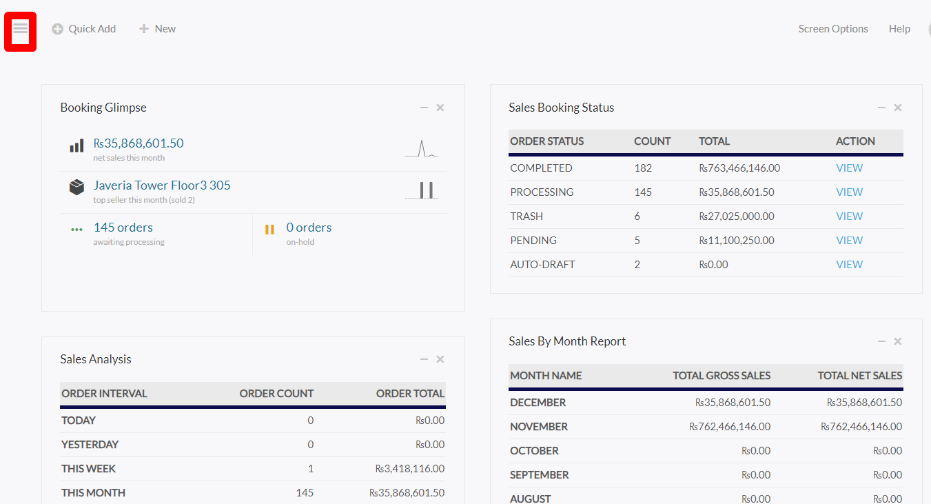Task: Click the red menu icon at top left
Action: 21,32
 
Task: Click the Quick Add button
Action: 84,29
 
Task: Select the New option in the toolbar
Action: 157,29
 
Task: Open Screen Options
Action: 833,29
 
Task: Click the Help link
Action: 899,29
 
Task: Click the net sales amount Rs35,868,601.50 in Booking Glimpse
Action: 139,143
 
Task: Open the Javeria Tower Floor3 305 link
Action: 162,185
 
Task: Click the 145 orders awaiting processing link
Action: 123,228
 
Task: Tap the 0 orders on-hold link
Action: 309,228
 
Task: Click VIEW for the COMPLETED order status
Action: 849,168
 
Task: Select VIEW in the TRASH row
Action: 849,216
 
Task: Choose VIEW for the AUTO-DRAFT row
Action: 849,265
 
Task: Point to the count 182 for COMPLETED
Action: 643,168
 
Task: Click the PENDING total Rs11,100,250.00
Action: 737,241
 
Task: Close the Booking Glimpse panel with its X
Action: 440,108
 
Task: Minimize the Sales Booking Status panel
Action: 881,108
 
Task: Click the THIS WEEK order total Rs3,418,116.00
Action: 410,469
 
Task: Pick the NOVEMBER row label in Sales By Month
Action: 539,427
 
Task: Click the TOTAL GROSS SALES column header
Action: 722,376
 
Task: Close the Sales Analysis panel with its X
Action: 440,359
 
